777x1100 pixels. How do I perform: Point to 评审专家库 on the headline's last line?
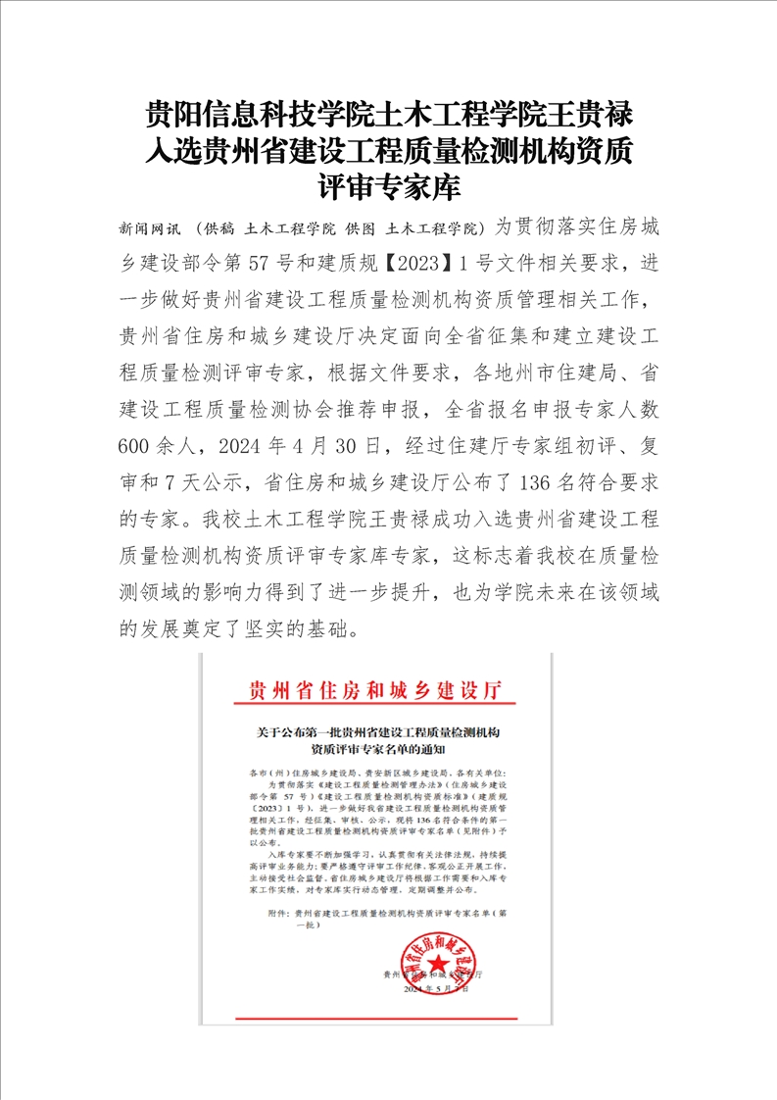pyautogui.click(x=389, y=186)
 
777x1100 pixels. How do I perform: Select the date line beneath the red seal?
pyautogui.click(x=435, y=990)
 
